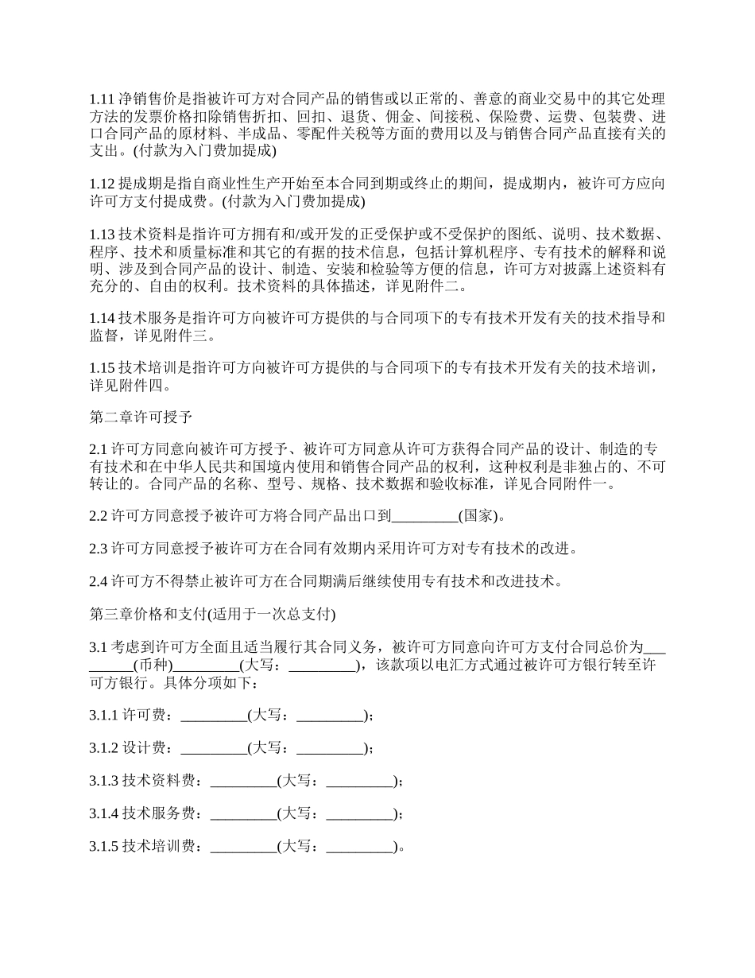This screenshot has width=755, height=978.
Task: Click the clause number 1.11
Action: pos(102,99)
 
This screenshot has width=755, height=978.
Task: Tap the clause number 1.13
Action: pos(103,235)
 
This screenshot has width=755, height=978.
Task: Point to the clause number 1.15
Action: pos(103,368)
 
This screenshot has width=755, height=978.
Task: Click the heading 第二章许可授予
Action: pos(136,417)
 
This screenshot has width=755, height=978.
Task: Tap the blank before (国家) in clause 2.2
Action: pos(425,516)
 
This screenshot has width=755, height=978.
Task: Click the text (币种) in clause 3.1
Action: pos(152,665)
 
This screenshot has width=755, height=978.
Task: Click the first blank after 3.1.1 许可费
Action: pos(214,715)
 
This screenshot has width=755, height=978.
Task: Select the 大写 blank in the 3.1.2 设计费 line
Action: pos(330,747)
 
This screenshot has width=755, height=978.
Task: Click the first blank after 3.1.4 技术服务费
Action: pos(243,813)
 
